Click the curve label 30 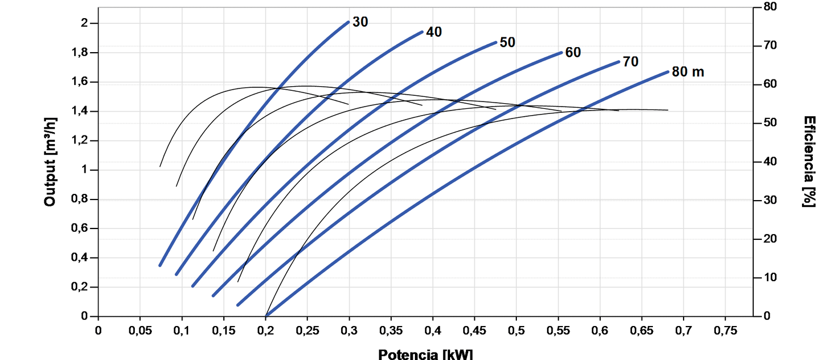click(x=360, y=22)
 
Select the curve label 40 click(x=434, y=32)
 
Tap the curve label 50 click(x=507, y=42)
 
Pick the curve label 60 click(x=573, y=52)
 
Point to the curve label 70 click(x=630, y=62)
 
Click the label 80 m click(x=688, y=72)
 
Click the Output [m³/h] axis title click(x=50, y=162)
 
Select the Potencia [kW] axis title click(x=425, y=354)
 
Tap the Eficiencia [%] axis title click(x=810, y=162)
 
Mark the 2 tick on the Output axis click(x=85, y=23)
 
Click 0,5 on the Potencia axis click(x=516, y=329)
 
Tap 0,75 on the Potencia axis click(x=725, y=329)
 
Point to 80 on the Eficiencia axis click(x=770, y=7)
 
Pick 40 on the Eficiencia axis click(x=770, y=162)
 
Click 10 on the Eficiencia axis click(x=770, y=278)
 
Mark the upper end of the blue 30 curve click(x=348, y=22)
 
